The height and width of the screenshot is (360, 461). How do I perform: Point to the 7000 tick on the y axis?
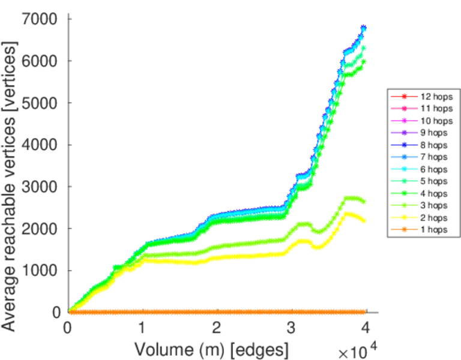(x=41, y=20)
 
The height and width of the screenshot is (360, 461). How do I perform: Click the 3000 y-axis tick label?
(x=41, y=187)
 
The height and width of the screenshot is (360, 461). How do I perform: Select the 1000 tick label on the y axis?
(x=41, y=271)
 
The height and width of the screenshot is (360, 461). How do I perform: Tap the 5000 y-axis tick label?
(x=41, y=103)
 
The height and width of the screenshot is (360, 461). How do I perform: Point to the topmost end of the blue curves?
(x=364, y=28)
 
